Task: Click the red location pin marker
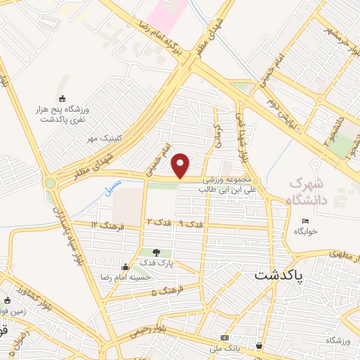(x=181, y=165)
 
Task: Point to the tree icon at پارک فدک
(x=156, y=252)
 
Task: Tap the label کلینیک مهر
(x=101, y=138)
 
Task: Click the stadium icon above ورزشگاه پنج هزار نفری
(x=63, y=98)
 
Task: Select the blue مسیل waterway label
(x=112, y=187)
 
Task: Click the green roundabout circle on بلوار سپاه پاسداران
(x=51, y=184)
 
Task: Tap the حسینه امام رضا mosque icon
(x=125, y=266)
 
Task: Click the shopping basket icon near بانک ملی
(x=261, y=346)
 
